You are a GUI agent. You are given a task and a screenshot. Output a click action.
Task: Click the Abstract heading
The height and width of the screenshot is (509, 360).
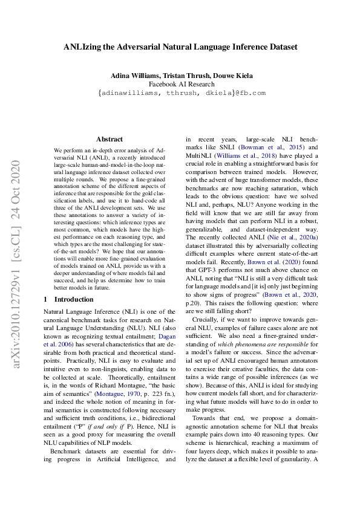(x=110, y=139)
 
